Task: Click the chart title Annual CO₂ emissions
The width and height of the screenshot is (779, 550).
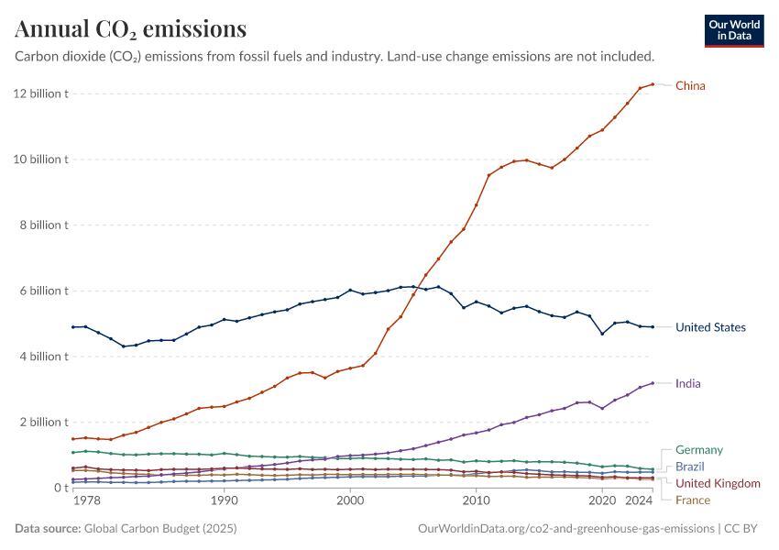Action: point(130,29)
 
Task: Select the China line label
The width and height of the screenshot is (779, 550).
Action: point(690,86)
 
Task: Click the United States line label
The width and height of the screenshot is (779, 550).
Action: point(710,327)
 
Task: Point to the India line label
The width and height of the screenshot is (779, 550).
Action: point(688,383)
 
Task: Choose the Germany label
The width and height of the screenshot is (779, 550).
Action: point(698,450)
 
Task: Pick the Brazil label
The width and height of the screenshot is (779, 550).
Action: point(689,467)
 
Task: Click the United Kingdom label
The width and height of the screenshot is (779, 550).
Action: point(718,483)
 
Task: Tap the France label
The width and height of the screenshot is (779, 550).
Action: point(692,500)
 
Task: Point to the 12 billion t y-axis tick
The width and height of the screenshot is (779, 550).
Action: point(40,93)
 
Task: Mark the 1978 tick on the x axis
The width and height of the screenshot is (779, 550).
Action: point(86,501)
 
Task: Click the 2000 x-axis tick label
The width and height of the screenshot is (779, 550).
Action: point(349,501)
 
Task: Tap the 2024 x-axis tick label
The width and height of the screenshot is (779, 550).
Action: point(639,501)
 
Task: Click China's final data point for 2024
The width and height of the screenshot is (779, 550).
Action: point(653,84)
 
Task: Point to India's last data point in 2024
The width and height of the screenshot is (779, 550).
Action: point(653,383)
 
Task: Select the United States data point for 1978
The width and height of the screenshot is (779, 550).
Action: point(73,327)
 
